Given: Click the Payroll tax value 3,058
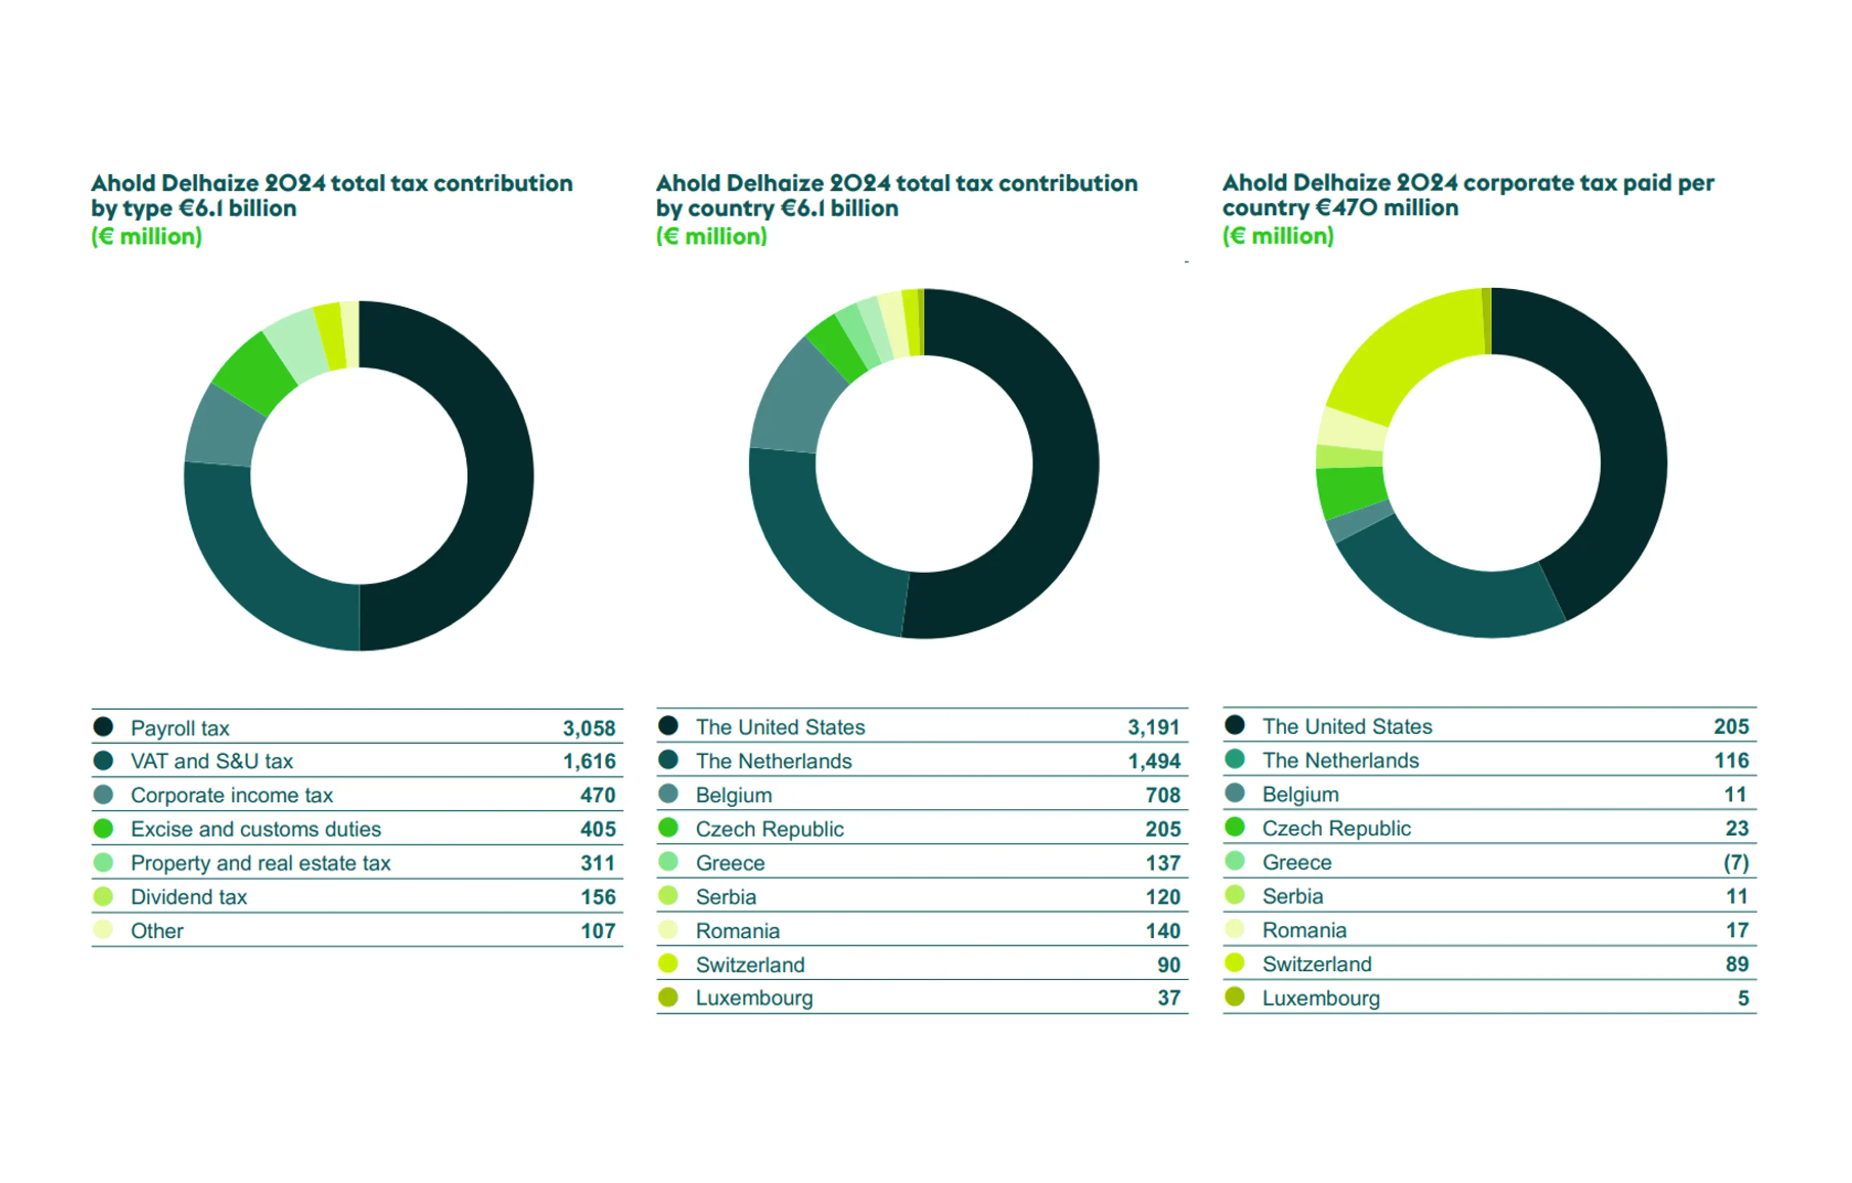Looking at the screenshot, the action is tap(589, 727).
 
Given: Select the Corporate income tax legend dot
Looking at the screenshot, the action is tap(103, 794).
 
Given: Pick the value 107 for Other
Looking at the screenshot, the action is tap(598, 931).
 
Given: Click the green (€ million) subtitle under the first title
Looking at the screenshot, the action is tap(146, 236).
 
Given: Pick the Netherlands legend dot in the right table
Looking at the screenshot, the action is tap(1234, 760).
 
